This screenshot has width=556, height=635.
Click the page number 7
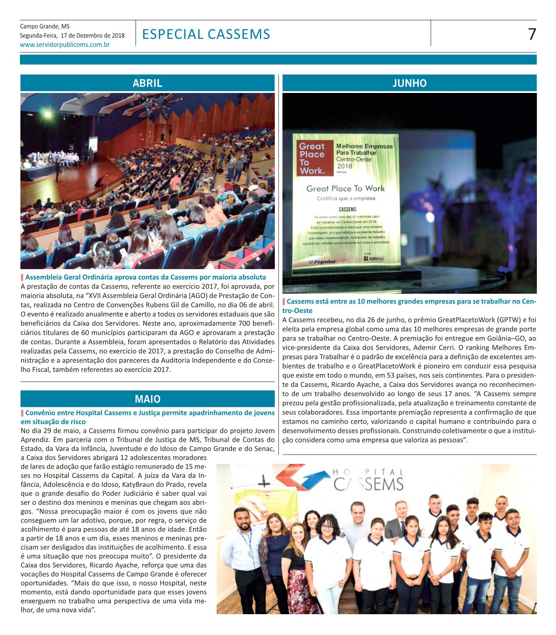531,34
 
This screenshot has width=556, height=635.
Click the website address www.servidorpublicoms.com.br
65,44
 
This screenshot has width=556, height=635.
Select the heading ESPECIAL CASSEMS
206,34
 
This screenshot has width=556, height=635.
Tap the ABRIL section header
147,83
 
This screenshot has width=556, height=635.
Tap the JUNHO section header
409,83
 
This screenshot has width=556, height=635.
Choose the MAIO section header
147,399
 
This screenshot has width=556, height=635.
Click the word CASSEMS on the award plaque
347,209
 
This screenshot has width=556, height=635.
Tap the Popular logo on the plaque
322,261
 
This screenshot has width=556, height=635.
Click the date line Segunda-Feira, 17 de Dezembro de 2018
73,35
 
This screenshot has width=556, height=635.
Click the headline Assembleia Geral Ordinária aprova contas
145,277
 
